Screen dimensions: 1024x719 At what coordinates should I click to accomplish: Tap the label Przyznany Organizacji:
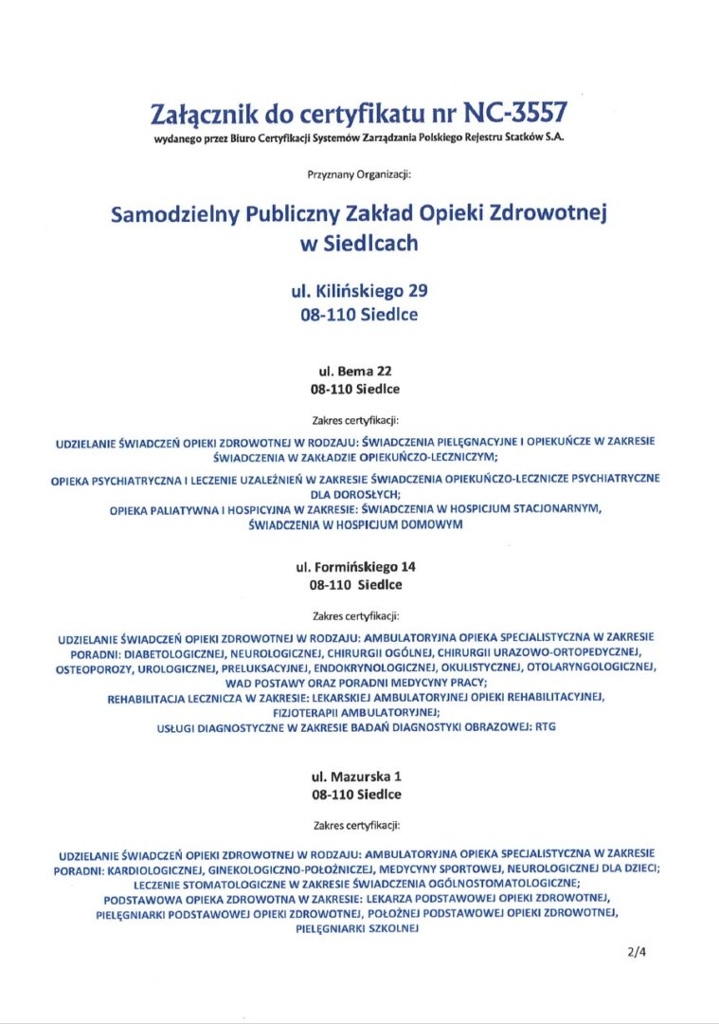359,174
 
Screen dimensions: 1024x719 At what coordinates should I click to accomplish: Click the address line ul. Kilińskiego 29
359,290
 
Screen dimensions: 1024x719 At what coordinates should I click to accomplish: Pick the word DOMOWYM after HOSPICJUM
434,523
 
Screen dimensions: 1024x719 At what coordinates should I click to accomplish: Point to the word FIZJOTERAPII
306,711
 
